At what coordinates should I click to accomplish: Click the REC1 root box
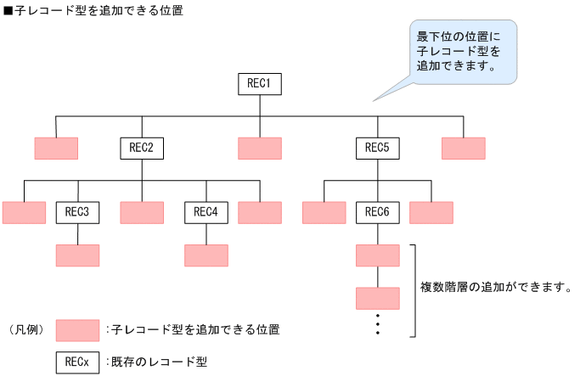pyautogui.click(x=259, y=84)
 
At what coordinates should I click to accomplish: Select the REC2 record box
pyautogui.click(x=141, y=149)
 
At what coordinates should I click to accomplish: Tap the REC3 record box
pyautogui.click(x=77, y=212)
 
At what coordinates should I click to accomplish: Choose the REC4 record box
pyautogui.click(x=206, y=212)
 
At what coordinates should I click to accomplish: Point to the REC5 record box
pyautogui.click(x=377, y=149)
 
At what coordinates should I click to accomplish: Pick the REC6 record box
pyautogui.click(x=377, y=212)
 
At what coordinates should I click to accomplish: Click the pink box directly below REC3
pyautogui.click(x=77, y=255)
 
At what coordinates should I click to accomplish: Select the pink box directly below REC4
pyautogui.click(x=206, y=255)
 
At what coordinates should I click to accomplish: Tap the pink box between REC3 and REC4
pyautogui.click(x=141, y=212)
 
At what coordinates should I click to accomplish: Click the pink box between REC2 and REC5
pyautogui.click(x=259, y=149)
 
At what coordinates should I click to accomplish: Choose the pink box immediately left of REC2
pyautogui.click(x=56, y=149)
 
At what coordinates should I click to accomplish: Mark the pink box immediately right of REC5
pyautogui.click(x=464, y=149)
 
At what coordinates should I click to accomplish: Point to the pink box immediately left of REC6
pyautogui.click(x=324, y=212)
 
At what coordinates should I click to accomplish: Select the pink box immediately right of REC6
pyautogui.click(x=431, y=212)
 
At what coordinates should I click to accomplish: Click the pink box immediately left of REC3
pyautogui.click(x=24, y=212)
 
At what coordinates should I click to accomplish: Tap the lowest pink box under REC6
pyautogui.click(x=377, y=298)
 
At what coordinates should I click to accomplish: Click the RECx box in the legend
pyautogui.click(x=77, y=362)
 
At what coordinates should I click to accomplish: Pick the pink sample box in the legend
pyautogui.click(x=77, y=329)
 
